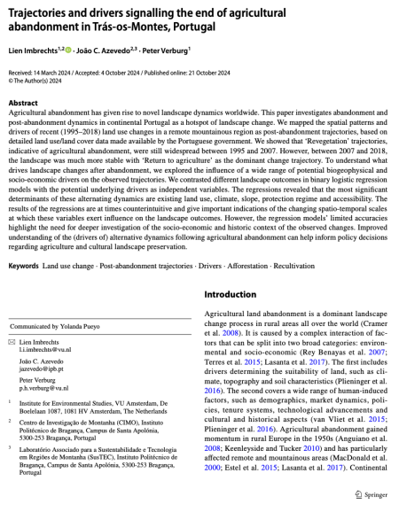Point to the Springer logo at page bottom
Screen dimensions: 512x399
click(372, 493)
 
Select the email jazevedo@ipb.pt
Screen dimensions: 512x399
click(39, 371)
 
